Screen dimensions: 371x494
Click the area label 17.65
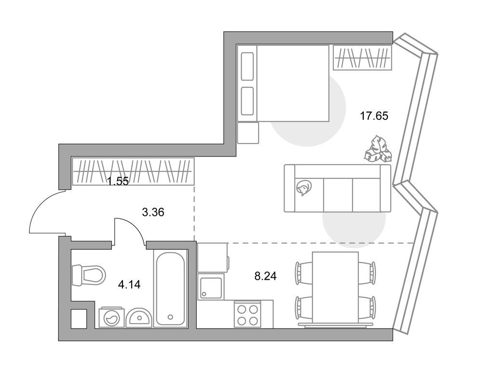click(374, 115)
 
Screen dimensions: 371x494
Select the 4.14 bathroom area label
click(128, 285)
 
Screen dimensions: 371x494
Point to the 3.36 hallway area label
click(153, 211)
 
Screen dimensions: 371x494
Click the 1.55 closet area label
click(118, 182)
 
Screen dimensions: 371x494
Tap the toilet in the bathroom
click(89, 275)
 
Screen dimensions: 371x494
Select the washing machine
click(110, 318)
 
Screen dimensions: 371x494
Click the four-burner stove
click(247, 314)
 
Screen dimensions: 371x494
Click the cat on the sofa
click(304, 187)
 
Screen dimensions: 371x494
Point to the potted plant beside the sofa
click(378, 150)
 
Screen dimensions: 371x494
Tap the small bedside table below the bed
click(248, 131)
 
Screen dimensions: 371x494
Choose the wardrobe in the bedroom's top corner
click(362, 58)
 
